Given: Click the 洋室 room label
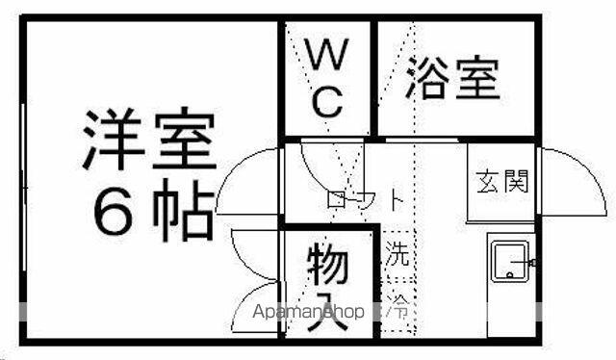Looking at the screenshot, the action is coord(150,139).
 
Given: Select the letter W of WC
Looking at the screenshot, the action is coord(327,54).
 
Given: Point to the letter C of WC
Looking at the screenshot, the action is coord(327,102).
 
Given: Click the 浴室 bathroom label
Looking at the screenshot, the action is coord(453,78).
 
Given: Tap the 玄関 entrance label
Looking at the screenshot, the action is coord(502,181).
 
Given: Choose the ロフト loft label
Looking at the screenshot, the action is coord(365,199).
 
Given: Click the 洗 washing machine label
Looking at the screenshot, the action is coord(398,253).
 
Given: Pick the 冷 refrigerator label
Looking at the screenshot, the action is coord(398,305).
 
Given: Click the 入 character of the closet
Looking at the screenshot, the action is coord(329,313).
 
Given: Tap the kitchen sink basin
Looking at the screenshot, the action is coord(509,262).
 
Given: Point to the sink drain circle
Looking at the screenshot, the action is coord(510,274).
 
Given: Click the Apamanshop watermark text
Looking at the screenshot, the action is coord(308,312).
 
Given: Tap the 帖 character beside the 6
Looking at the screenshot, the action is coord(184,210).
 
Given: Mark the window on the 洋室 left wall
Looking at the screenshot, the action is coord(23,187).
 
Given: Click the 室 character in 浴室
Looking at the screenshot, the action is coord(477,78).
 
